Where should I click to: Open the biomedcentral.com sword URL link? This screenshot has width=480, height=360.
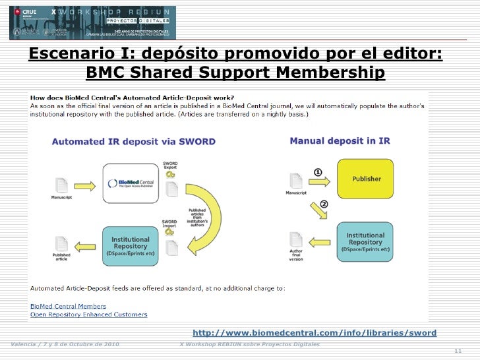pos(315,333)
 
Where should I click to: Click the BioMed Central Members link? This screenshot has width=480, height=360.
pos(69,306)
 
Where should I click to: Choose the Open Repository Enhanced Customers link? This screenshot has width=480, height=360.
pos(89,315)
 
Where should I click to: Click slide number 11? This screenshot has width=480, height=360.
pos(459,351)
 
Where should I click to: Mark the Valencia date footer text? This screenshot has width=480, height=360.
pos(65,344)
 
